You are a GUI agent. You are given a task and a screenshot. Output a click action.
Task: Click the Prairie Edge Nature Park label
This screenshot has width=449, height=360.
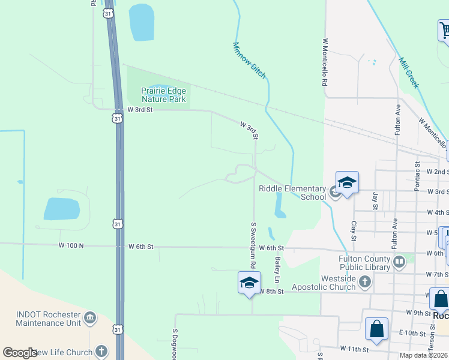pos(163,95)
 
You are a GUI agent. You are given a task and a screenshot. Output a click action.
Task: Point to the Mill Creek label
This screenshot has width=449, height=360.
pos(408,73)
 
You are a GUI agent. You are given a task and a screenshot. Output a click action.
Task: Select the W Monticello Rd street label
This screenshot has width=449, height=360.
pos(325,63)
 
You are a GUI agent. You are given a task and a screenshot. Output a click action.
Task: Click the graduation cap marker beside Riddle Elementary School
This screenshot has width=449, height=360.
pos(347,183)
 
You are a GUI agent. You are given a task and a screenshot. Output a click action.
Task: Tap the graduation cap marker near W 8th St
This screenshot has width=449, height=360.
pos(249,283)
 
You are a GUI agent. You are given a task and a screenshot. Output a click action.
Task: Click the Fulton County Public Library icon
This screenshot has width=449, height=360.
pos(399,261)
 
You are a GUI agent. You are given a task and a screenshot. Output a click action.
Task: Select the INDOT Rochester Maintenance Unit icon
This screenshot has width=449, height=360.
pos(90,317)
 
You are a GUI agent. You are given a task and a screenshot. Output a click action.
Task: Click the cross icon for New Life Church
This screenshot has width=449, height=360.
pos(101,352)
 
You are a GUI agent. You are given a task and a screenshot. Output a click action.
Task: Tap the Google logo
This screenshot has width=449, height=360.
pos(20,353)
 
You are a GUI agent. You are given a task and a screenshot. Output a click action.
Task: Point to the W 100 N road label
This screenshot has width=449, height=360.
pos(71,245)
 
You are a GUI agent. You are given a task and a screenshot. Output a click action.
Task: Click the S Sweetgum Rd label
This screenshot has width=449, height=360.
pos(253,245)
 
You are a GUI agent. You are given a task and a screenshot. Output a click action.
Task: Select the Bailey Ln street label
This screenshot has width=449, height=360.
pos(277,271)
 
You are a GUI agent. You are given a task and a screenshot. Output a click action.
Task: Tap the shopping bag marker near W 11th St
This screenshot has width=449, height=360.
pos(376,329)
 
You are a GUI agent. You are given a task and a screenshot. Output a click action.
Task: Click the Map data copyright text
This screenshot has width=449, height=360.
pos(424,355)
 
